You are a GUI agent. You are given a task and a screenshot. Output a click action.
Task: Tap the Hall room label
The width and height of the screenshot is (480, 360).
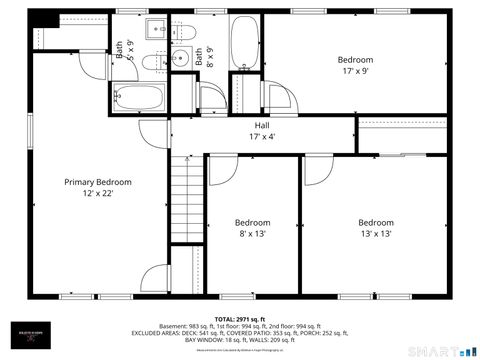coord(262,125)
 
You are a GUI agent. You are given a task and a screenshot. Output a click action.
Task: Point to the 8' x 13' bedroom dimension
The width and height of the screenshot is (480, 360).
coord(252,234)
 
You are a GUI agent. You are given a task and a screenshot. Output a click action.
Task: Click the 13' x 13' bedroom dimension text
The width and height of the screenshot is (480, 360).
coord(375,234)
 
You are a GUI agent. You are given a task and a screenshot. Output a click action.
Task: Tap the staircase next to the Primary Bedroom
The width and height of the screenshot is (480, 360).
coord(187,200)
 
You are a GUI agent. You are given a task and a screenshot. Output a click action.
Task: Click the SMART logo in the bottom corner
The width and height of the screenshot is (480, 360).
coord(441,351)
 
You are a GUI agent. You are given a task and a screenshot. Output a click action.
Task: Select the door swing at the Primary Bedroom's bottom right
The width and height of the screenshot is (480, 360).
coord(155,279)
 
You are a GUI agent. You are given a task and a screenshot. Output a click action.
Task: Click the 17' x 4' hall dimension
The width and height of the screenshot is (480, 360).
coord(262,136)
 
